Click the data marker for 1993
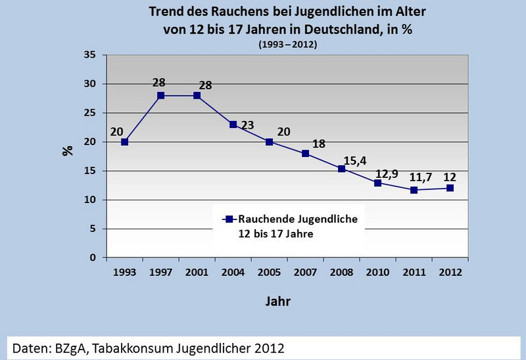(x=125, y=142)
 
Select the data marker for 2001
(x=197, y=95)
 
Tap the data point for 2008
(x=342, y=169)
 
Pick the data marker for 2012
(x=450, y=188)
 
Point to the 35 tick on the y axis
(x=93, y=55)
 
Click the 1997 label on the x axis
(x=161, y=271)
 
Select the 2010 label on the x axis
(x=377, y=271)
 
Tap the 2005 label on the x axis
(x=270, y=271)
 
